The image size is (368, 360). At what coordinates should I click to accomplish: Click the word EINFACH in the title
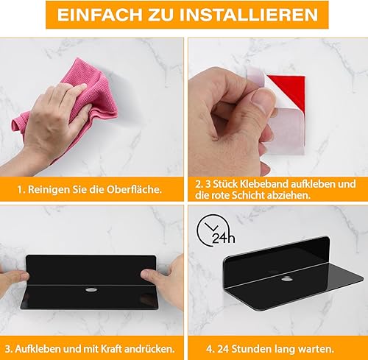99,15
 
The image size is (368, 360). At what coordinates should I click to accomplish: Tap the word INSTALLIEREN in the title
249,15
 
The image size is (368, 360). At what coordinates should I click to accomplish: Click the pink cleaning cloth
71,105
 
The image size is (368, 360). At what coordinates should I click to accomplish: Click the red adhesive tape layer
289,90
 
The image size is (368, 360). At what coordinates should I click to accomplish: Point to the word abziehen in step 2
289,196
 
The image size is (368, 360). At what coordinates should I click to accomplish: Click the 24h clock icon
215,230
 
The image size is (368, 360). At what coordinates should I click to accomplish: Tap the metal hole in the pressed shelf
91,290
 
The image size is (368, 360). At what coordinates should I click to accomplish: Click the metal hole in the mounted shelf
286,279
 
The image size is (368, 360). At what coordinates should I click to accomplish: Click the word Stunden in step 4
252,349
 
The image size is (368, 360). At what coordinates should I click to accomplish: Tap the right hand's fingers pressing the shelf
157,278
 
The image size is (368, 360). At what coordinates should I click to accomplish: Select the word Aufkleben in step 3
38,349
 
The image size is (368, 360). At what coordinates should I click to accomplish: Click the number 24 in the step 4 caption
223,349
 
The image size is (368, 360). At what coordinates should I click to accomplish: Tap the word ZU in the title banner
160,15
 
